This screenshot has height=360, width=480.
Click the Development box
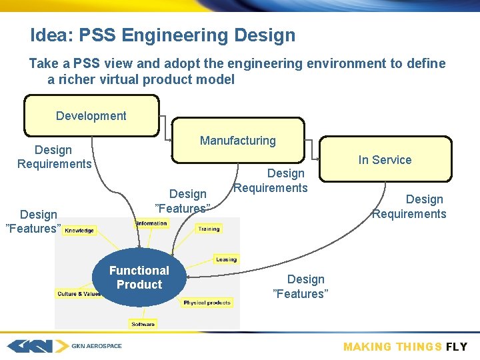click(x=91, y=115)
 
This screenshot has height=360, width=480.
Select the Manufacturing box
click(x=237, y=141)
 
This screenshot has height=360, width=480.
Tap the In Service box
click(x=385, y=160)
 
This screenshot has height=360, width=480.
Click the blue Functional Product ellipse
click(x=139, y=277)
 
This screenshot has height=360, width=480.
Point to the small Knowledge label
click(x=80, y=231)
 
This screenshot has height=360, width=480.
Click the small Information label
click(x=151, y=223)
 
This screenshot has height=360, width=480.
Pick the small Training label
click(x=209, y=229)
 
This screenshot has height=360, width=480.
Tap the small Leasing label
click(x=226, y=259)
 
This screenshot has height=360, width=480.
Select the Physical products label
click(x=207, y=303)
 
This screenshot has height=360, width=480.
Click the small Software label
click(x=143, y=324)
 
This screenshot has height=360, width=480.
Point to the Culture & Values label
click(x=79, y=293)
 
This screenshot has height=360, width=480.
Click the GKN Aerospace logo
click(x=64, y=346)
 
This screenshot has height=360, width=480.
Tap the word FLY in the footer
click(x=457, y=347)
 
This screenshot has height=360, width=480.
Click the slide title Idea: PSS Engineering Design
click(x=163, y=35)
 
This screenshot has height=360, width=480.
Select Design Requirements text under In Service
click(x=409, y=207)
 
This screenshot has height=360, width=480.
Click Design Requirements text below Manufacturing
click(x=271, y=181)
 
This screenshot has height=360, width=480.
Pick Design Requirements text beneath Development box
click(x=54, y=157)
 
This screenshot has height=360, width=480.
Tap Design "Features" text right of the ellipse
click(x=301, y=287)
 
